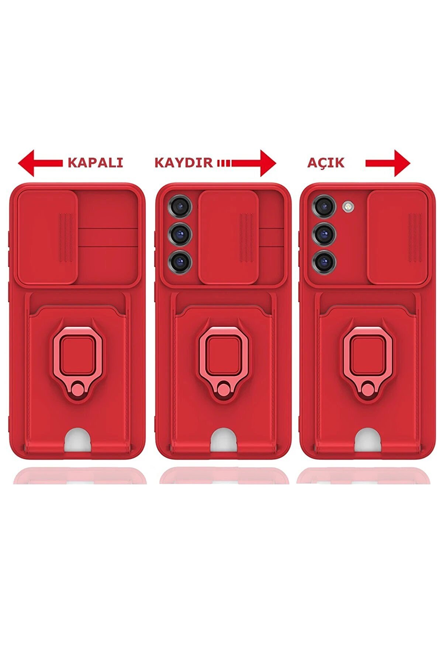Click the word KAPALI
pyautogui.click(x=95, y=163)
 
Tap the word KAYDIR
pyautogui.click(x=183, y=163)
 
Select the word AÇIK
pyautogui.click(x=326, y=163)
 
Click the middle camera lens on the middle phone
pyautogui.click(x=180, y=233)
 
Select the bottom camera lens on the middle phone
pyautogui.click(x=180, y=261)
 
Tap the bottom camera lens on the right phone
pyautogui.click(x=324, y=261)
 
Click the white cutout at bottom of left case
pyautogui.click(x=77, y=441)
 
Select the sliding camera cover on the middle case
pyautogui.click(x=228, y=237)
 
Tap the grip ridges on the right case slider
pyautogui.click(x=415, y=237)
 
